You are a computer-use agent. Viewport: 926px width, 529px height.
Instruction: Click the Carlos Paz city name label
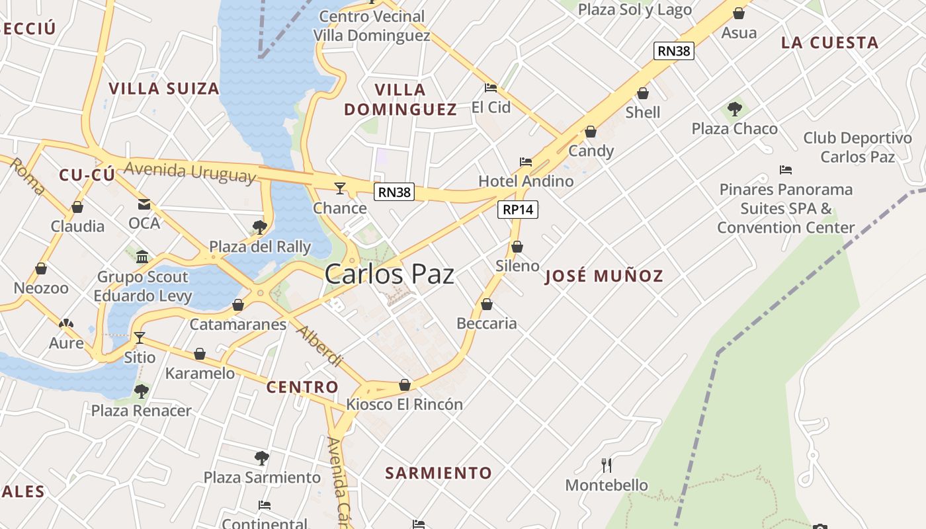coord(389,274)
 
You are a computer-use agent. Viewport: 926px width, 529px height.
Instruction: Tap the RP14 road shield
coord(518,210)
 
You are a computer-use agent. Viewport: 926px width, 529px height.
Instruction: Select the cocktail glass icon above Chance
coord(339,188)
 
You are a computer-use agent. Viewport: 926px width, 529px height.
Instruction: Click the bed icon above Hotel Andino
coord(526,161)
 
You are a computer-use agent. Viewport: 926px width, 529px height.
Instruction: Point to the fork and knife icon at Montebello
coord(607,465)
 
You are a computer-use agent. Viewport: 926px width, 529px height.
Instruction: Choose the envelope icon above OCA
coord(144,204)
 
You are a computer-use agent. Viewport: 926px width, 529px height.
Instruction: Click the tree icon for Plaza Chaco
coord(734,109)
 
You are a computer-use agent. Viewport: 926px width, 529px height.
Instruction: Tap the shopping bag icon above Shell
coord(643,93)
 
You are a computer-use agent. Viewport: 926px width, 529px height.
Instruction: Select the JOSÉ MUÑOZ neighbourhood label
coord(604,276)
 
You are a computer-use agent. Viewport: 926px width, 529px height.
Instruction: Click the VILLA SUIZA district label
coord(164,89)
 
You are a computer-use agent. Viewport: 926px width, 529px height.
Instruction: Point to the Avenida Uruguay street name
coord(190,171)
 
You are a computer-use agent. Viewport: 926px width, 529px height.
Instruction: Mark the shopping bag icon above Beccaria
coord(487,304)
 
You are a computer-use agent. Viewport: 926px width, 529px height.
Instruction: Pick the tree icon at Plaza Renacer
coord(141,391)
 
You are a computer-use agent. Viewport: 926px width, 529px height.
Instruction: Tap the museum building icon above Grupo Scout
coord(142,257)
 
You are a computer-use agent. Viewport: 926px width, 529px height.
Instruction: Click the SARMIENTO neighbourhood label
coord(439,473)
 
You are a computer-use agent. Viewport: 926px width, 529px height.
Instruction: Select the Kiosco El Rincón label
coord(405,404)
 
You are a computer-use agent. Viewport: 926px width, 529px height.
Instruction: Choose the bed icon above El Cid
coord(491,87)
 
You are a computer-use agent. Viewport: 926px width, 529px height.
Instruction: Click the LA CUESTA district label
coord(829,43)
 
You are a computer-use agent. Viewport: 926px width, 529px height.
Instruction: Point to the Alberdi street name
coord(319,346)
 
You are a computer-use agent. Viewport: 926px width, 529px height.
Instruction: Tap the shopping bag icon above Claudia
coord(77,207)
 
